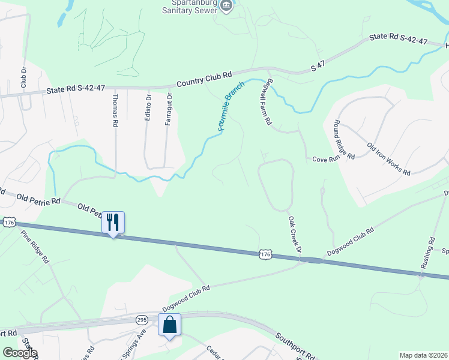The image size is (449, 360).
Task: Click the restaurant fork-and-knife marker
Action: click(113, 223)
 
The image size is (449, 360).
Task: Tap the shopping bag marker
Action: click(169, 325)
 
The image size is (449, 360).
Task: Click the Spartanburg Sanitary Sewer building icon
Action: click(226, 7)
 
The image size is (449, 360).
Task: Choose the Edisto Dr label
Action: click(148, 107)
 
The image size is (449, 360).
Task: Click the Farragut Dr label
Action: click(169, 109)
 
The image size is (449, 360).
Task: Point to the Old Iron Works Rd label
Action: click(388, 158)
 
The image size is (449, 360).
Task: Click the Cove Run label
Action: click(326, 159)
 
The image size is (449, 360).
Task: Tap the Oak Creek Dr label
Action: click(294, 235)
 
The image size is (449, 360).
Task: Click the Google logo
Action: click(19, 353)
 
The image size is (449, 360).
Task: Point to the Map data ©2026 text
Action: click(423, 355)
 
